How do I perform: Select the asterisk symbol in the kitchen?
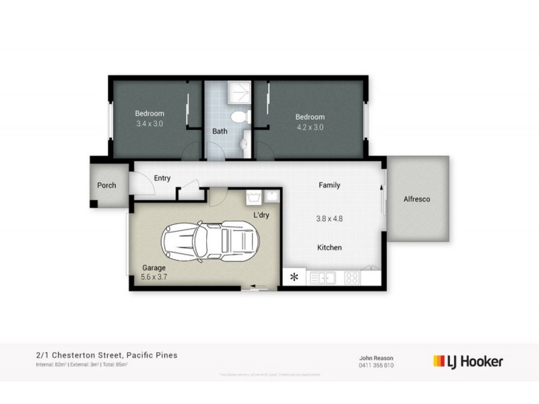(x=294, y=276)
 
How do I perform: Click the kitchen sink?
(x=323, y=276)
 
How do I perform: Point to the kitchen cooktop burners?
(x=352, y=276)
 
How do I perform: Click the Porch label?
(x=106, y=185)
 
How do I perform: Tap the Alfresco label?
(x=416, y=199)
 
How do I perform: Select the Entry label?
(x=162, y=178)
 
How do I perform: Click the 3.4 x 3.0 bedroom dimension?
(x=150, y=124)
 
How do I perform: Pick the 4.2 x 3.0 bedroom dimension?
(x=310, y=127)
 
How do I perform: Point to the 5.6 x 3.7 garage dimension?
(x=155, y=275)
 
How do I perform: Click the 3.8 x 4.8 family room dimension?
(x=329, y=218)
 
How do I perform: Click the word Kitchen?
(x=329, y=248)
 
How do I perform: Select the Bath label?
(x=220, y=131)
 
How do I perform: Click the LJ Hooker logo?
(x=467, y=362)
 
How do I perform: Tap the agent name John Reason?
(x=376, y=358)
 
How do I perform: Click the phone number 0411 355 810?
(x=376, y=366)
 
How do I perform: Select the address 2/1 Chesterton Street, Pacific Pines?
(x=107, y=355)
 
